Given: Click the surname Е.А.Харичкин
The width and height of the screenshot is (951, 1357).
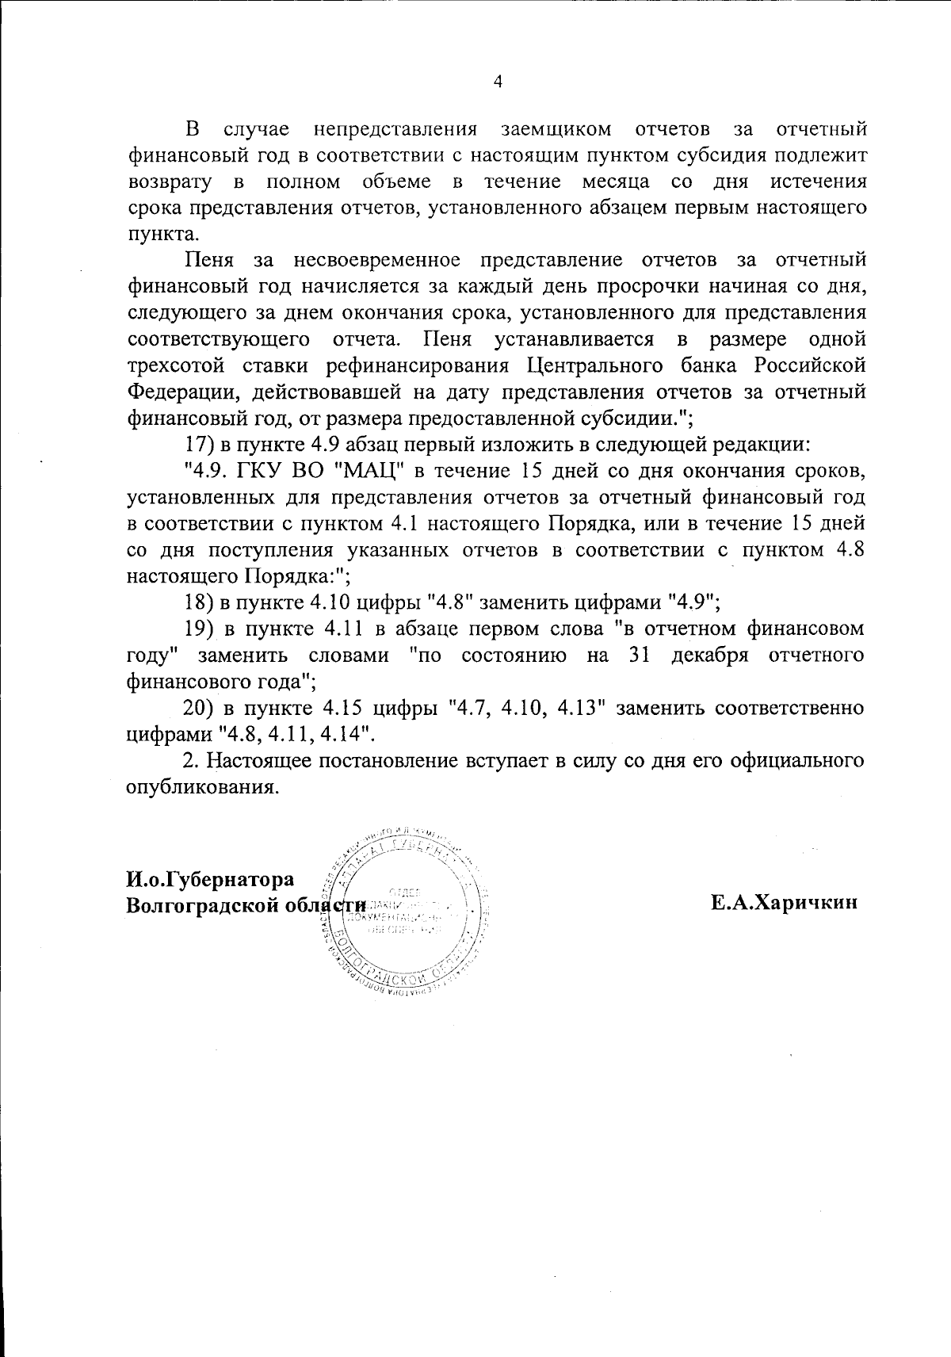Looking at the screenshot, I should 785,903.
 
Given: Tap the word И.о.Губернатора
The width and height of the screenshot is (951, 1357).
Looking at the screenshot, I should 211,879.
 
